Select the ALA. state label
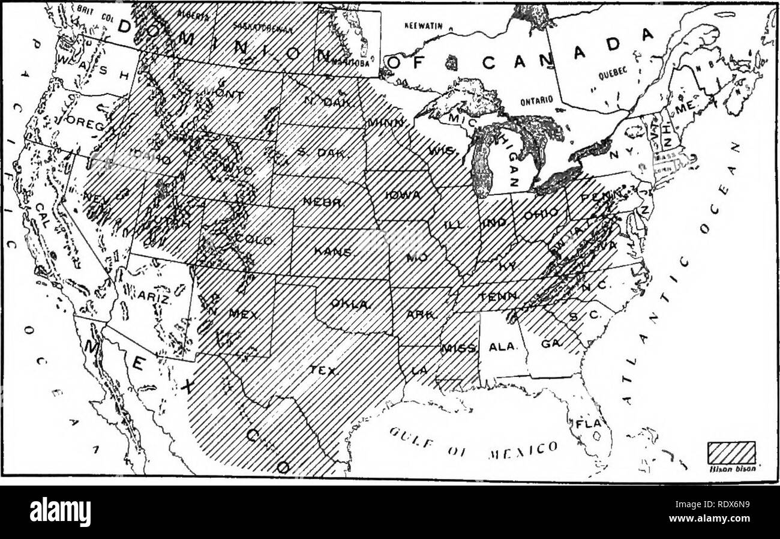coord(499,347)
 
